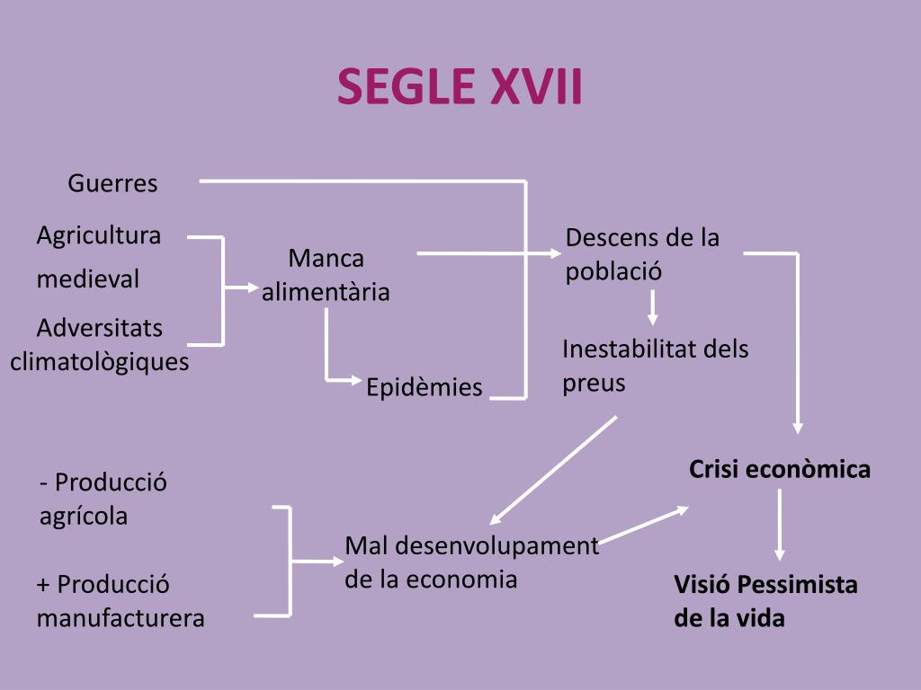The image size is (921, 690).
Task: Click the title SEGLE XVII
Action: (460, 87)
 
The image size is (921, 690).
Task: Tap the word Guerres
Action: (112, 184)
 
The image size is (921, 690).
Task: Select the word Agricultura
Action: (99, 235)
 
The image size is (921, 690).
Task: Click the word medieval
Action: (88, 279)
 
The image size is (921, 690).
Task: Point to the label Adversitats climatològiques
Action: (100, 344)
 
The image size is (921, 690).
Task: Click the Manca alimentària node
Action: (326, 275)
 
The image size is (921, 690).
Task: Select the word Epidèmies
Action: (425, 387)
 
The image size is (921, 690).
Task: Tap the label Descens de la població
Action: (642, 254)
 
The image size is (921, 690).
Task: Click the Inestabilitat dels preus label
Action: (655, 366)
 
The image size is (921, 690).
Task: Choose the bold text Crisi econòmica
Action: (780, 469)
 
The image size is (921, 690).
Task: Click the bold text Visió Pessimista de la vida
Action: (765, 602)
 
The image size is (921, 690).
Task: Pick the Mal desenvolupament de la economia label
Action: (471, 562)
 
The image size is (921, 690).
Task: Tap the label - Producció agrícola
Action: (103, 500)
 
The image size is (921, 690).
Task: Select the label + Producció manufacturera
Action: (121, 602)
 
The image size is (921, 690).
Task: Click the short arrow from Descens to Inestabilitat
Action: (653, 306)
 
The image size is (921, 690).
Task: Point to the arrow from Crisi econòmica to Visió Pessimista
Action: (779, 525)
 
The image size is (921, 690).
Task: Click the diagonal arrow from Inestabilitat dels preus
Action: (552, 470)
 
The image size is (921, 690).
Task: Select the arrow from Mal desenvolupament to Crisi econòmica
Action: (644, 525)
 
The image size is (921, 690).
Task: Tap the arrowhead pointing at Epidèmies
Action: (354, 380)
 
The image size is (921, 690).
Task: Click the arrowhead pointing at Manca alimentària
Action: (252, 288)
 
